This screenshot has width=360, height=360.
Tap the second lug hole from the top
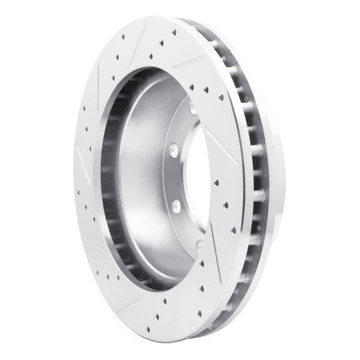(174, 150)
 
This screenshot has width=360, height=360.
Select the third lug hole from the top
(176, 206)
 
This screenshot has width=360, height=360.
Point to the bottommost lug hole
(198, 245)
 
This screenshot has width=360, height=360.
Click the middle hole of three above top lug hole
(205, 91)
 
